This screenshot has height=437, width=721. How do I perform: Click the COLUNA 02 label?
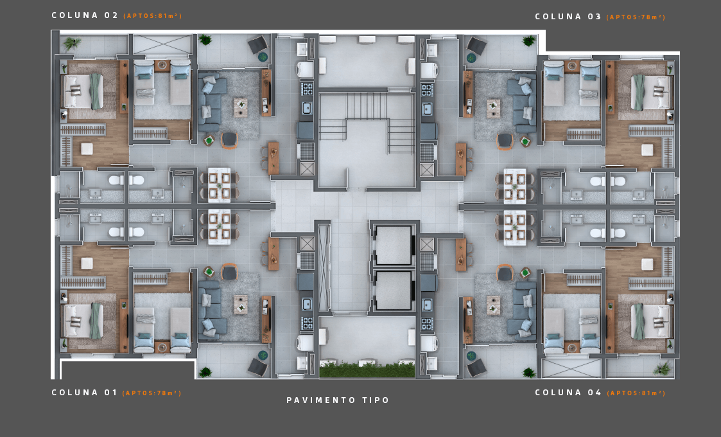pos(85,15)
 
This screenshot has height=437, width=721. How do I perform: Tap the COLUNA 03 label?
pos(568,17)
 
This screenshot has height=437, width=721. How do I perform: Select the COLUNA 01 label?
pos(85,392)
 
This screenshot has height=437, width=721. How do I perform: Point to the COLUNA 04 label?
pos(568,392)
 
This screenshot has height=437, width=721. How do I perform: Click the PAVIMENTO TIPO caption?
pos(338,400)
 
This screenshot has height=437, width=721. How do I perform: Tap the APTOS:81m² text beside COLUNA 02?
pos(153,15)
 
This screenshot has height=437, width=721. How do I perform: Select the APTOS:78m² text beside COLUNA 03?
pos(636,17)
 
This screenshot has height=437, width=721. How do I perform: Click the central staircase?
pos(367,123)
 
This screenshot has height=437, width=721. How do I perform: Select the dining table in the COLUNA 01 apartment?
pos(220,227)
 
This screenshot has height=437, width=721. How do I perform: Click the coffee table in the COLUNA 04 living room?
pos(493,305)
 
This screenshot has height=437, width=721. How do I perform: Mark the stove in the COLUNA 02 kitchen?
pos(307,89)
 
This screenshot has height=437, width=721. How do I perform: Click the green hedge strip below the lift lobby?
pos(367,370)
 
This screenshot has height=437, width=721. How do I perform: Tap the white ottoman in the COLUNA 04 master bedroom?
pos(647,264)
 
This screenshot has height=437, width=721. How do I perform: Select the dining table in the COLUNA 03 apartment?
pos(514,186)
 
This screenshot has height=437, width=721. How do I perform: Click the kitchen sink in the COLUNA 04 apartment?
pos(427,305)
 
